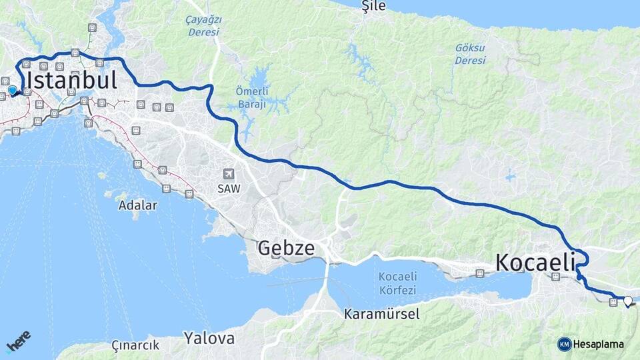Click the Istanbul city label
[71, 81]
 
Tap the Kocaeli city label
[535, 263]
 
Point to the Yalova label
[209, 338]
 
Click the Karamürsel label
[382, 314]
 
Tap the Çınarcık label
[135, 345]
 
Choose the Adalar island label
[137, 205]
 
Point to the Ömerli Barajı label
[251, 97]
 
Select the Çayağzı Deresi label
[203, 25]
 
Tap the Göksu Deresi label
[470, 54]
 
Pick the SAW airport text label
[228, 189]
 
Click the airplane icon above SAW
[229, 174]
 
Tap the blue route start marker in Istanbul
[12, 90]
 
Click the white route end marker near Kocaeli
[627, 301]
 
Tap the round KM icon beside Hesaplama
[565, 344]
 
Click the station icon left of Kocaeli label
[479, 273]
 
